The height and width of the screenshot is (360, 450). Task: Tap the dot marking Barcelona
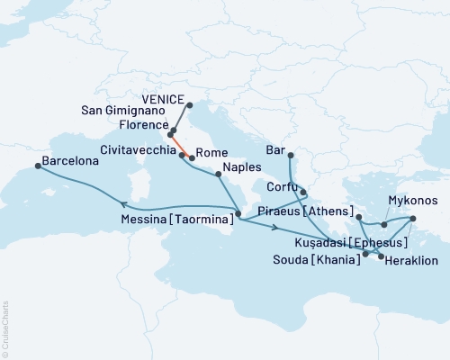click(38, 165)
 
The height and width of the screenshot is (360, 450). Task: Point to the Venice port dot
click(189, 105)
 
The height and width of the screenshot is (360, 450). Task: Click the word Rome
click(210, 153)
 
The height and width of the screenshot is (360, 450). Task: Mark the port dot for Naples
click(217, 175)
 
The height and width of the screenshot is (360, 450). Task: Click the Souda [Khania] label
click(319, 258)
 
